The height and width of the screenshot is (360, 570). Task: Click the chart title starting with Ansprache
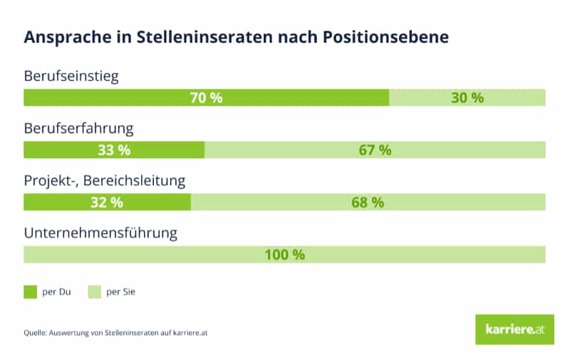click(236, 38)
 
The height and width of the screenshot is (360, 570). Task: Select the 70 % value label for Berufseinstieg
click(206, 98)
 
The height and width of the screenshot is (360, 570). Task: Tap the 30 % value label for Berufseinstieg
click(467, 98)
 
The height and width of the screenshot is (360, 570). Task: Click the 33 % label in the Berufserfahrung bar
click(114, 150)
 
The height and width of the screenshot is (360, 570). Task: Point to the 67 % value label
click(375, 150)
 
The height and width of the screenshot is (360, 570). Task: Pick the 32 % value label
click(107, 202)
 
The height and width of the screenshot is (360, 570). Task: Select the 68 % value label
click(368, 202)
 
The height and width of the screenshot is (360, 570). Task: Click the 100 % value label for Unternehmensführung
click(285, 254)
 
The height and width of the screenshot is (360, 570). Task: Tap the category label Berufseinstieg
click(71, 76)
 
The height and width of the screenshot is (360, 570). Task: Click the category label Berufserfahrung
click(79, 129)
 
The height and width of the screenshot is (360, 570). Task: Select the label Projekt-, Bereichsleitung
click(105, 181)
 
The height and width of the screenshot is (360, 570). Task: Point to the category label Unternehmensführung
click(100, 233)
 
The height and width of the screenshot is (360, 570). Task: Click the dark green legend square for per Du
click(30, 292)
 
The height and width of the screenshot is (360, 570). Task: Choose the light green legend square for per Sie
click(93, 292)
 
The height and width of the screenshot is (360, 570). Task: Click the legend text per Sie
click(120, 292)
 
